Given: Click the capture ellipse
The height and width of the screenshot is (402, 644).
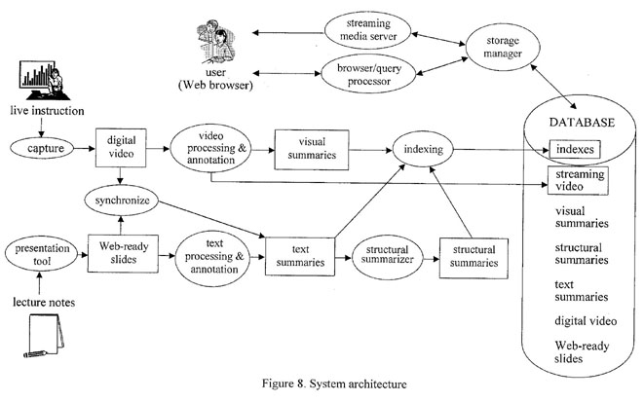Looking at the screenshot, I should [41, 152].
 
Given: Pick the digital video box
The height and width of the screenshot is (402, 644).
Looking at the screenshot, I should [120, 151].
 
